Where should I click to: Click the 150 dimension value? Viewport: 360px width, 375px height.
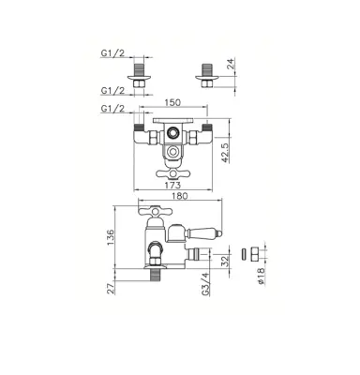pos(172,102)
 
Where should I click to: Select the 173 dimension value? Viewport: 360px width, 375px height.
pos(172,186)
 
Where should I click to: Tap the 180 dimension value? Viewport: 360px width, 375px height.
pos(180,196)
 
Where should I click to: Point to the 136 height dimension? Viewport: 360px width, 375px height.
pos(111,237)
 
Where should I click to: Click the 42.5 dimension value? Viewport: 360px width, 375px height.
pos(226,152)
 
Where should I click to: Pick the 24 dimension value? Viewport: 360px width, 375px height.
pos(231,64)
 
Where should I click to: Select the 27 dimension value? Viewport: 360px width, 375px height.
pos(111,289)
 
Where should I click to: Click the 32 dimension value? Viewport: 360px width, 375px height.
pos(225,261)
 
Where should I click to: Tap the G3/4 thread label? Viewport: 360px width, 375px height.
pos(205,284)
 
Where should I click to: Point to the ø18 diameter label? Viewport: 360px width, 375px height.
pos(262,276)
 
